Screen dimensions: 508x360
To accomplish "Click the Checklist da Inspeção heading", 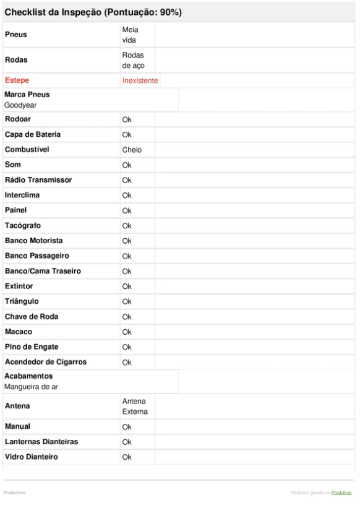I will [93, 12].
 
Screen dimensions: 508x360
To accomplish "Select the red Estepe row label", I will [17, 80].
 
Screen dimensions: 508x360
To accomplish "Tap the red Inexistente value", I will [140, 80].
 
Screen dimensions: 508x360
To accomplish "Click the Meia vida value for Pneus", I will [130, 35].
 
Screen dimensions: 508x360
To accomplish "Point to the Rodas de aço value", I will [133, 60].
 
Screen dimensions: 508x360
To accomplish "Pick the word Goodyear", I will [22, 105].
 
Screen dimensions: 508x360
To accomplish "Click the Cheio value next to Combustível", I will [132, 150].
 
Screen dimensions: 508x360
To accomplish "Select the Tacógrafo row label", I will [23, 226].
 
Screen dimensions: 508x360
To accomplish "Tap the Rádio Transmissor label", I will [38, 180].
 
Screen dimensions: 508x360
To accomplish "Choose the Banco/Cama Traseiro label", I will [43, 271].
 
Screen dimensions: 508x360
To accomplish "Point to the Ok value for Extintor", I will [127, 286].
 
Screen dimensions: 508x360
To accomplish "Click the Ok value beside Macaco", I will [127, 332].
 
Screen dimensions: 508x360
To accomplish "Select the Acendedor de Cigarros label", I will [46, 362].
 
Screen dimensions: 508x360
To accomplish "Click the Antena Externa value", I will [135, 407].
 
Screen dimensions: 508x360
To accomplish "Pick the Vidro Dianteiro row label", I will [32, 457].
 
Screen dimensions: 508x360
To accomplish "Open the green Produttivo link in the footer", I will [341, 493].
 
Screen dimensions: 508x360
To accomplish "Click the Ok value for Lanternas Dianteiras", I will [127, 442].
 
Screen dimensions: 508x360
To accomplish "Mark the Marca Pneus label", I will [27, 95].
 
